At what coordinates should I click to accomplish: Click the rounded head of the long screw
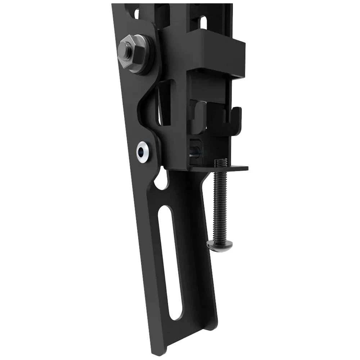coord(219,246)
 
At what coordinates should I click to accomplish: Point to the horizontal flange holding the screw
coord(220,168)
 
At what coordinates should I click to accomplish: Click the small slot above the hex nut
coord(136,14)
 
